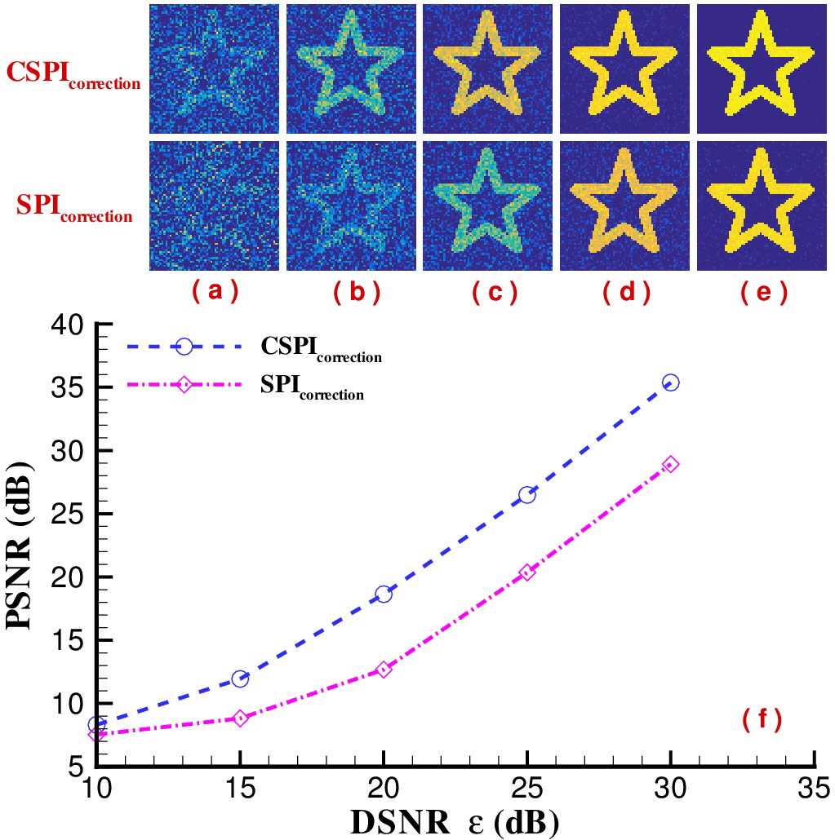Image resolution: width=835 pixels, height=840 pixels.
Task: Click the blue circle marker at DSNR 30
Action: coord(670,382)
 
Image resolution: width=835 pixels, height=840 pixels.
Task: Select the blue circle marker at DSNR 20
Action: coord(384,594)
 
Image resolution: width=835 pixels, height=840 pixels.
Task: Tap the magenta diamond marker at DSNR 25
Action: coord(527,573)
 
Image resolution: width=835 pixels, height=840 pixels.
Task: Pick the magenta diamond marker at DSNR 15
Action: coord(240,718)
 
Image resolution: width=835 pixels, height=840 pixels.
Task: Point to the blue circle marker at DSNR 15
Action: coord(240,679)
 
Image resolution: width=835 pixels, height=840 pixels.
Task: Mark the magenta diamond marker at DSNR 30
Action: coord(670,465)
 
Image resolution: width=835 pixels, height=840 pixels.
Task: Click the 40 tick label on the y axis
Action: coord(68,325)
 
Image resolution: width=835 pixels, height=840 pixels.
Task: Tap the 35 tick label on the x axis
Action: coord(814,788)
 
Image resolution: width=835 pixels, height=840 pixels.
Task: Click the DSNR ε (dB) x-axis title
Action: coord(455,822)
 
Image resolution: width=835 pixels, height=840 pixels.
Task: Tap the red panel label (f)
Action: coord(762,718)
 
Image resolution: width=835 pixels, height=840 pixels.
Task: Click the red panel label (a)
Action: coord(215,291)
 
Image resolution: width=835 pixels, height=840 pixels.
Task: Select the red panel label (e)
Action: coord(762,291)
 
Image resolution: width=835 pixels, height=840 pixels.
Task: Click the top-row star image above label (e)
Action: coord(761,69)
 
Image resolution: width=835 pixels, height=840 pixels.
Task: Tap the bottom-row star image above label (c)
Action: coord(488,205)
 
